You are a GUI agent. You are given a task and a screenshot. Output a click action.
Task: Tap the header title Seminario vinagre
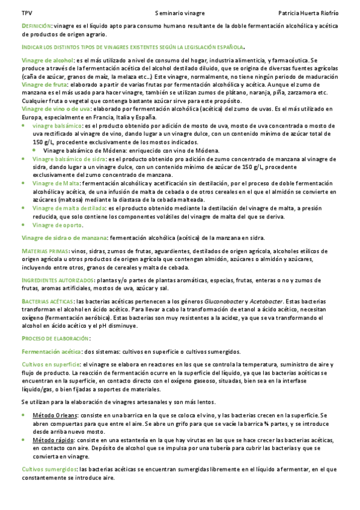click(180, 12)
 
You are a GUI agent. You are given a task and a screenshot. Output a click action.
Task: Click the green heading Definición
click(36, 26)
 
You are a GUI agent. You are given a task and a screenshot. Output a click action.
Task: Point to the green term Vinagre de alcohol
click(47, 60)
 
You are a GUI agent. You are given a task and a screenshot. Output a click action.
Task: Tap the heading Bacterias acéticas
click(48, 300)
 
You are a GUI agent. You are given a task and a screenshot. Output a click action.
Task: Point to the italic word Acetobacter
click(266, 300)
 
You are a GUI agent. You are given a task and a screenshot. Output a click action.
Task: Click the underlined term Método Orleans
click(54, 416)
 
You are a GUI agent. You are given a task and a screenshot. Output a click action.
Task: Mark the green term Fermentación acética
click(51, 351)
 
